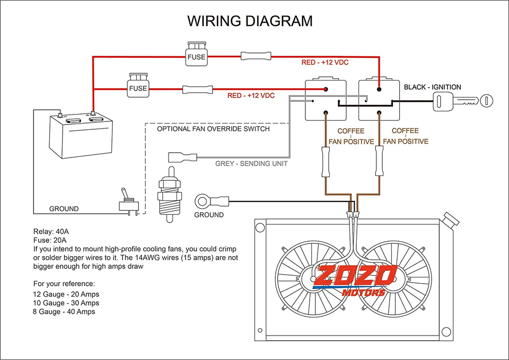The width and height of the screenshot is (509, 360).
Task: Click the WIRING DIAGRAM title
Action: click(x=250, y=21)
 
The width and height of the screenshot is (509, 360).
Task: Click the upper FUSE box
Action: click(x=196, y=54)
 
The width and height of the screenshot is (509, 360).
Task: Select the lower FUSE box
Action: click(x=138, y=85)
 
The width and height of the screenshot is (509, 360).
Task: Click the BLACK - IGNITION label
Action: click(x=433, y=87)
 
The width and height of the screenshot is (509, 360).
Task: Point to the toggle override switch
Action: click(x=129, y=201)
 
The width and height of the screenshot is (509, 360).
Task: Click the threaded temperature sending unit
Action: click(x=169, y=194)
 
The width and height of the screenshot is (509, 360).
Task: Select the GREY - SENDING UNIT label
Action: click(x=251, y=164)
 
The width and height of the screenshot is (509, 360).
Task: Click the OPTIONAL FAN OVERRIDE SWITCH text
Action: click(x=213, y=129)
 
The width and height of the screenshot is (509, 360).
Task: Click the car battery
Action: click(x=81, y=135)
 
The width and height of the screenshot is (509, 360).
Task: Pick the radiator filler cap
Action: click(x=451, y=219)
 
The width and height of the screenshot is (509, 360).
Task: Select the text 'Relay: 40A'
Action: click(x=51, y=232)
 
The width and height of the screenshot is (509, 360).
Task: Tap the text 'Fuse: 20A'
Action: click(x=50, y=240)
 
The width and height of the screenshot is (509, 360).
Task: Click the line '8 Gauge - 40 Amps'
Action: click(x=64, y=312)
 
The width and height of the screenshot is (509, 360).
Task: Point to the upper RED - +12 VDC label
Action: click(x=324, y=63)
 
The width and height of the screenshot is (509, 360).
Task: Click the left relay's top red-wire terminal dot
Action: click(x=325, y=89)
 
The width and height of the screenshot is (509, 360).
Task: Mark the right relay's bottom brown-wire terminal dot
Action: click(x=379, y=112)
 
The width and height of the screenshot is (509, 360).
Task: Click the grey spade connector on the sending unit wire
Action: click(x=182, y=157)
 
